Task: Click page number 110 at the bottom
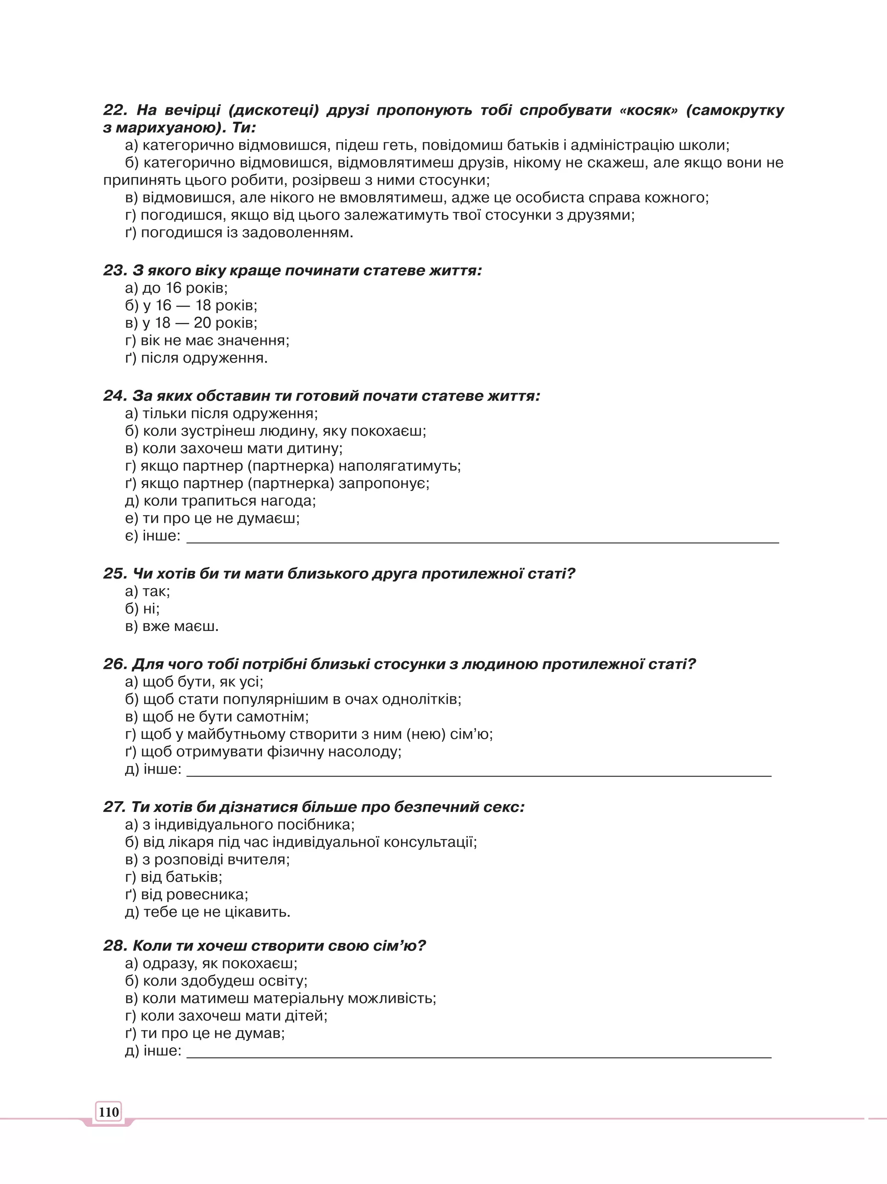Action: tap(109, 1112)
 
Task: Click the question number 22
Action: tap(114, 110)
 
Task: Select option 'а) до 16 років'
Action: tap(176, 288)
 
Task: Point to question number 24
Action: tap(114, 396)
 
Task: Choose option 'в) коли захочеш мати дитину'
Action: tap(233, 448)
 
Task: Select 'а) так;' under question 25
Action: tap(147, 591)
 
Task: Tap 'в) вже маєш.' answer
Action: tap(172, 626)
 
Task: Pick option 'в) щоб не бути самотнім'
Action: tap(217, 716)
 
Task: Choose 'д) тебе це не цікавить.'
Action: tap(208, 912)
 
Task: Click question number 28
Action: tap(114, 946)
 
